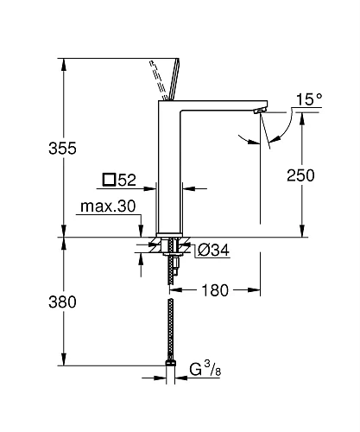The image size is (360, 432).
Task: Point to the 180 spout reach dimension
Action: [x=214, y=290]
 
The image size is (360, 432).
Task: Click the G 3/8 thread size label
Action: [x=206, y=372]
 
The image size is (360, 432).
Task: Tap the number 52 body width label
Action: [x=127, y=181]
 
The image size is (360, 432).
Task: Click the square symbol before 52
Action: [x=108, y=181]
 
